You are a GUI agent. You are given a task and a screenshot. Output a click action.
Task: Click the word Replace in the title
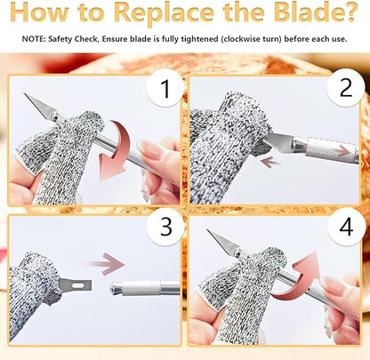tap(164, 12)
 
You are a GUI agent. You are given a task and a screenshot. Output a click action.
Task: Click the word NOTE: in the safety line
tap(34, 39)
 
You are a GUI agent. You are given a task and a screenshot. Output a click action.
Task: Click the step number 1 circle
tap(165, 88)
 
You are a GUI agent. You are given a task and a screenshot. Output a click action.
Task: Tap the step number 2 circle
tap(346, 87)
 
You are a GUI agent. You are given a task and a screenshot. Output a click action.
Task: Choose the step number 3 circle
tap(165, 227)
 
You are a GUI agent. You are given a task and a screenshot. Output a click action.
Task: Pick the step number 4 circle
tap(346, 227)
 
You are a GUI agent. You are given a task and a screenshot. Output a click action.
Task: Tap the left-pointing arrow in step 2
tap(270, 163)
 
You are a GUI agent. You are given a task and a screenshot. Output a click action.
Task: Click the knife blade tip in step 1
tap(24, 93)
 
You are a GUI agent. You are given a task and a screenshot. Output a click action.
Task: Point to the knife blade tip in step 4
tap(207, 229)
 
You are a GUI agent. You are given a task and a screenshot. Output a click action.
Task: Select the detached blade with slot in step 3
tap(75, 285)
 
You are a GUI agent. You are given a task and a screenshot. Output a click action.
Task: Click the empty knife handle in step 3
tap(145, 288)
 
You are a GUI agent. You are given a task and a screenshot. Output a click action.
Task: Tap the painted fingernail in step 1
tap(149, 148)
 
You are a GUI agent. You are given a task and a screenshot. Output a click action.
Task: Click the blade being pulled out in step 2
tap(278, 141)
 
